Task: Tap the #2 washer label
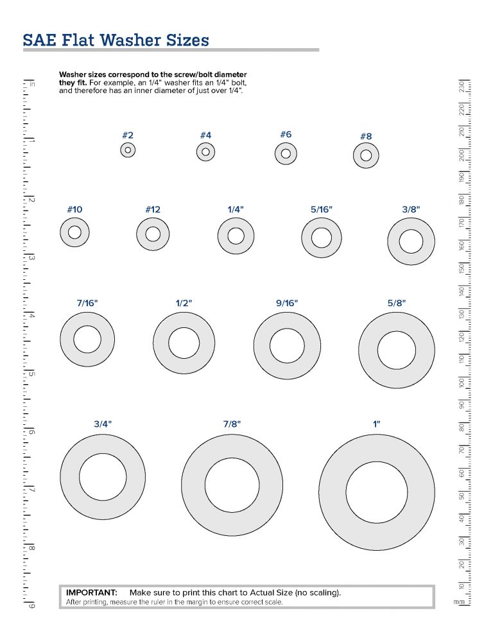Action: coord(128,135)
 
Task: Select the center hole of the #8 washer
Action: coord(366,155)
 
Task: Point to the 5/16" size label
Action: coord(322,210)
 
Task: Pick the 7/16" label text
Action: coord(87,303)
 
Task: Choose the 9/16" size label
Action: coord(287,303)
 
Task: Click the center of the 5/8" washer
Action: coord(396,350)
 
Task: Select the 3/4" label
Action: coord(103,424)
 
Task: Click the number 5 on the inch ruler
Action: coord(31,374)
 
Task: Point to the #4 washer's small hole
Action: coord(205,152)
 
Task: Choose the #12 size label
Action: coord(153,210)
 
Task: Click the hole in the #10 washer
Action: coord(74,232)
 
